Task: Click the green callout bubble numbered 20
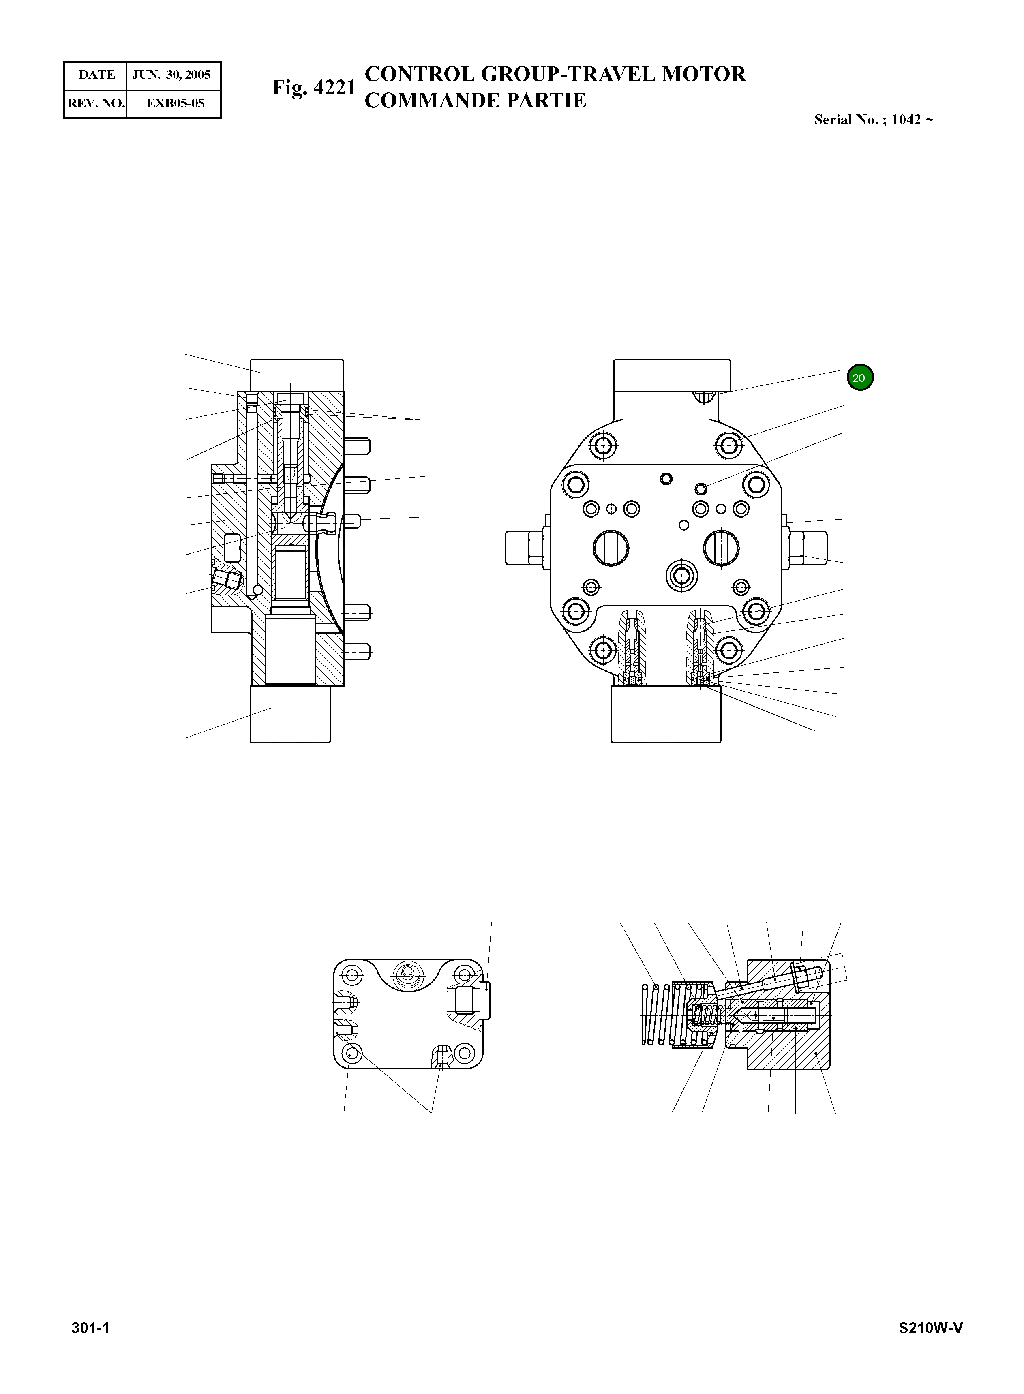tap(860, 377)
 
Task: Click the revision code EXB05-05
tap(175, 103)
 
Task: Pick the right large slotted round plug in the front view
tap(721, 548)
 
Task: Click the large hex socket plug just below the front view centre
tap(681, 576)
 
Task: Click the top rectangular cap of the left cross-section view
tap(296, 375)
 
